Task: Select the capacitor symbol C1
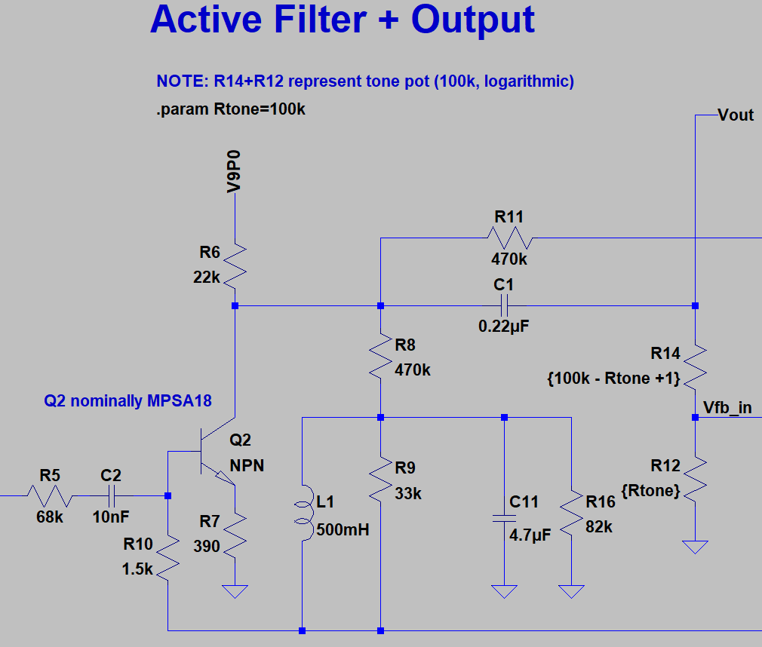coord(505,305)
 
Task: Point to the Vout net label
coord(736,115)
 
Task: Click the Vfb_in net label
coord(727,408)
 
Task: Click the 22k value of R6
coord(206,278)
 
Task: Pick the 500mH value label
coord(343,530)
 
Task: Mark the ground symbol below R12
coord(695,546)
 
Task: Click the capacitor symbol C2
coord(110,495)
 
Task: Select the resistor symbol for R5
coord(51,496)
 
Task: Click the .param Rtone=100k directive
coord(231,109)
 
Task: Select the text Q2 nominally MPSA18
coord(128,401)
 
